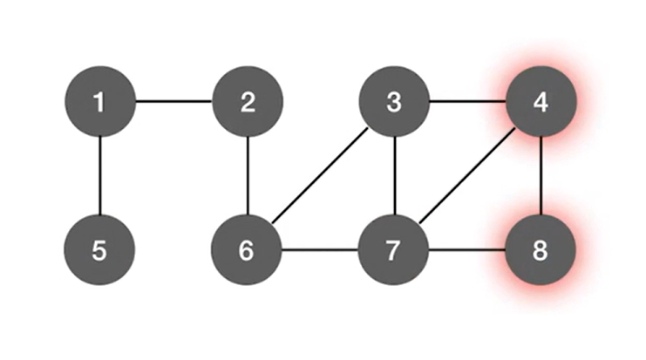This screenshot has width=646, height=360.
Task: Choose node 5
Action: point(99,251)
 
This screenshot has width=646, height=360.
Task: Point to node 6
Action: point(248,251)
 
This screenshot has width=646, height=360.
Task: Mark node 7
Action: point(395,251)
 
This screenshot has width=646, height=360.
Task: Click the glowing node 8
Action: point(541,251)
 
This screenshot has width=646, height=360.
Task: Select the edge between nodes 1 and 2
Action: point(173,102)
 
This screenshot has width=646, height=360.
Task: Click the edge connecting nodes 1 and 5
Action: point(99,176)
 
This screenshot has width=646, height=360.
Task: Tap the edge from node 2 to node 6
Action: point(248,176)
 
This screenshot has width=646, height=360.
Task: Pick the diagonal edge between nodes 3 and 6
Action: point(321,177)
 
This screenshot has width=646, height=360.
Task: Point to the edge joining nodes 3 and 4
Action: point(468,102)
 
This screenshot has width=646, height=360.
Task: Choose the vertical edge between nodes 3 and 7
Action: point(395,176)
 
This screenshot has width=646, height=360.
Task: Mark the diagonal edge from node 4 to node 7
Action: point(468,177)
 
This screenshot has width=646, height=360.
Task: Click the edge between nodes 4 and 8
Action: point(541,176)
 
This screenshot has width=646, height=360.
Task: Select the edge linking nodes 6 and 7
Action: point(321,251)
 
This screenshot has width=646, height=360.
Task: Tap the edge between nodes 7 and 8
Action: point(468,251)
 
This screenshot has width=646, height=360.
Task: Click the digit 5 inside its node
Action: point(99,251)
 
